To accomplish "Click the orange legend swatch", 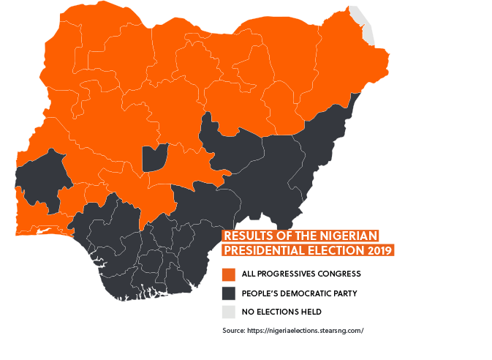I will click(x=229, y=274).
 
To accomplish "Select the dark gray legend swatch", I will click(x=229, y=293).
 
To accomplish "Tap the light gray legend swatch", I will click(x=229, y=312).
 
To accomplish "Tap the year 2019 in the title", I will click(x=377, y=250).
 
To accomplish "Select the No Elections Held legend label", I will click(x=281, y=312).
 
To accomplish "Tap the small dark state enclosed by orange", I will click(x=154, y=157).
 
